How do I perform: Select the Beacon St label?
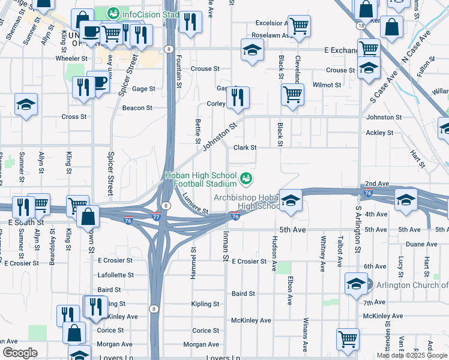(x=137, y=108)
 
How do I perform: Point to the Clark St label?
(x=245, y=148)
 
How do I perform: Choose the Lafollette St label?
(x=116, y=275)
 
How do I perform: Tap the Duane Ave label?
(x=421, y=244)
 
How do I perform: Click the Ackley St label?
(x=379, y=133)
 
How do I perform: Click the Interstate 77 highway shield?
(x=156, y=218)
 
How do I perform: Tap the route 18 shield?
(x=360, y=26)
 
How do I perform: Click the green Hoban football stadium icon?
(x=246, y=178)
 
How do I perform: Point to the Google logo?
(x=20, y=353)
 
